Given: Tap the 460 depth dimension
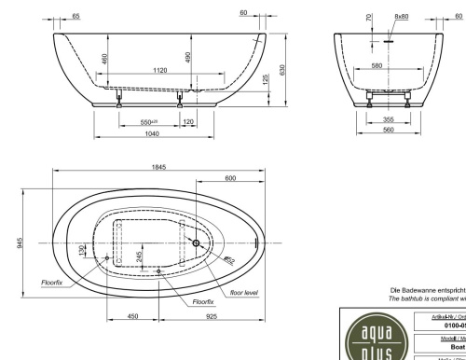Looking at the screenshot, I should coord(105,59).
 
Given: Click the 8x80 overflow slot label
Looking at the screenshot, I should coord(402,17).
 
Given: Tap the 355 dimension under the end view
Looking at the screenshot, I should coord(387,119).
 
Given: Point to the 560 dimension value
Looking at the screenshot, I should coord(387,130).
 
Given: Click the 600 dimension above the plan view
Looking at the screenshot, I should coord(229,177).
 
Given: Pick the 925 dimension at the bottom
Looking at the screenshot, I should coord(212,318).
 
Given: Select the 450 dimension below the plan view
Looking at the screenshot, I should coord(132,318).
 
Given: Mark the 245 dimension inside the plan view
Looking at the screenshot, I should coord(140,256).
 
